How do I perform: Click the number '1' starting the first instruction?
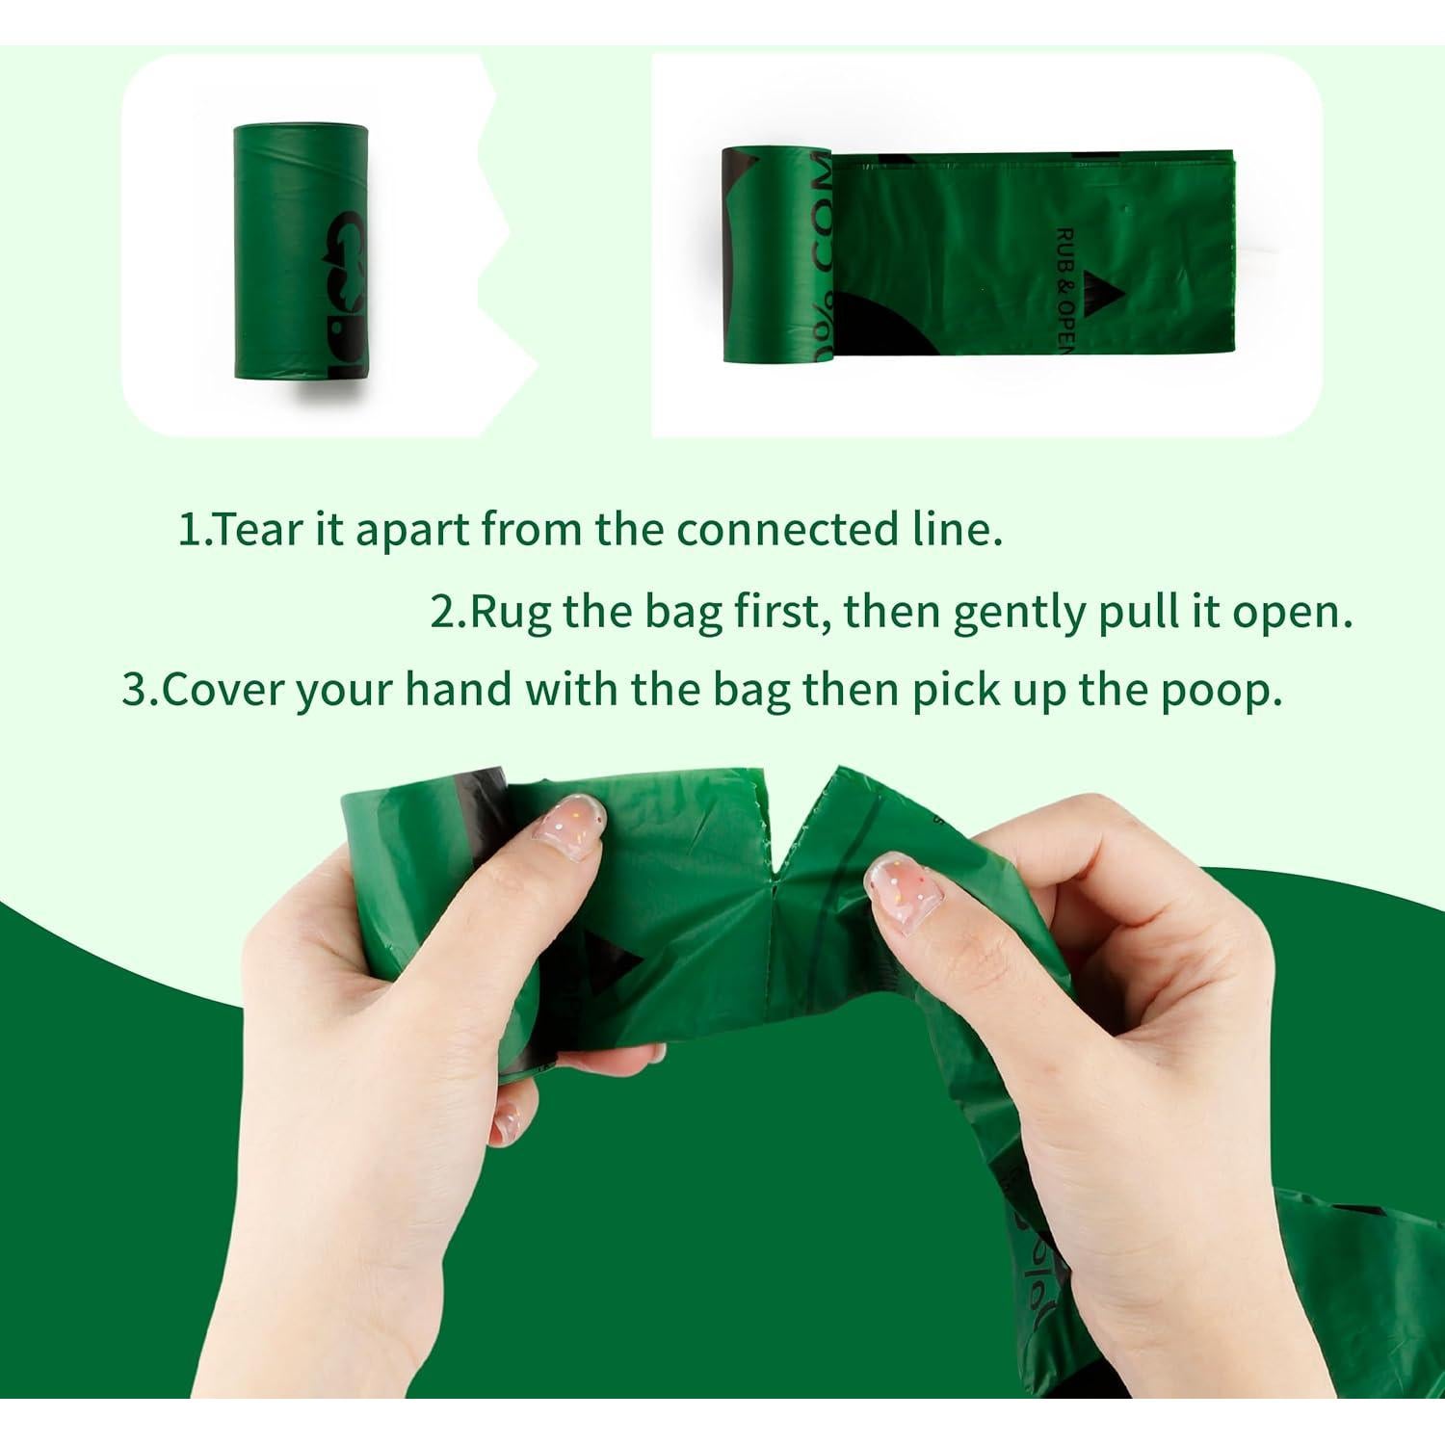click(x=188, y=531)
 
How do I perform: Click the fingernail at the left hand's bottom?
click(x=504, y=1122)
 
